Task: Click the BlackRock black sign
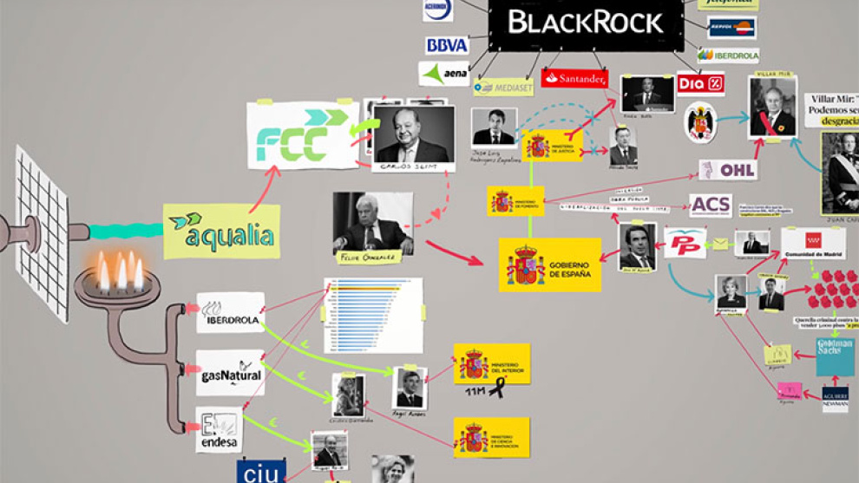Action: coord(586,23)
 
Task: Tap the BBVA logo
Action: coord(447,45)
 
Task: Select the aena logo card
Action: coord(444,74)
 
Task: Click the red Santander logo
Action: coord(574,79)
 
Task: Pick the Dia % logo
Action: coord(701,84)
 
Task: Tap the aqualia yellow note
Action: coord(222,232)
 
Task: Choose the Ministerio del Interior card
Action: coord(491,363)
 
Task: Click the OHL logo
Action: coord(729,169)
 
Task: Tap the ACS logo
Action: coord(711,206)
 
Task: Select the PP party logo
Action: coord(685,243)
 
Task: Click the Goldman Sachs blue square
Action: coord(834,356)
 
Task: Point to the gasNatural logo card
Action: coord(230,373)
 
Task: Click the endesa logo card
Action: coord(219,429)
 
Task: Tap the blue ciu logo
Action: coord(261,473)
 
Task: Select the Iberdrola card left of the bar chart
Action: coord(230,312)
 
